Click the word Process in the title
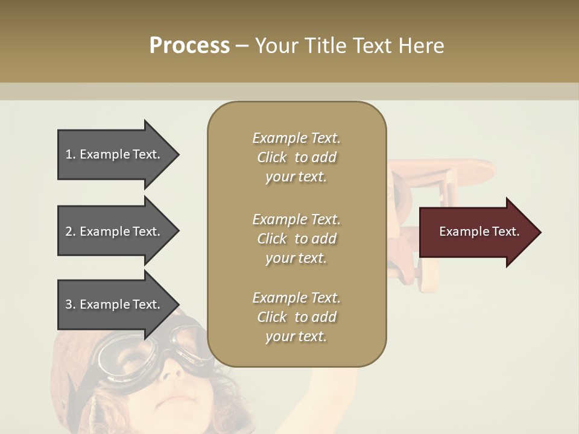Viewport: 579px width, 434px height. pyautogui.click(x=189, y=46)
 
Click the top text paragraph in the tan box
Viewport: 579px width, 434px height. pyautogui.click(x=296, y=157)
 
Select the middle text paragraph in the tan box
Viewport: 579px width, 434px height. pyautogui.click(x=296, y=239)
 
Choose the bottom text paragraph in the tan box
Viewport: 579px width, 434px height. pyautogui.click(x=296, y=317)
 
